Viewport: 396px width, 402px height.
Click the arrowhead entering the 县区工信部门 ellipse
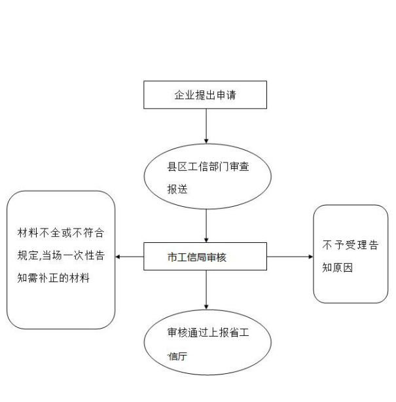206,141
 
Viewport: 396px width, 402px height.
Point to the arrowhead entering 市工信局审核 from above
206,240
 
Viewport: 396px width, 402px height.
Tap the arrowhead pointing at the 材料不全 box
118,257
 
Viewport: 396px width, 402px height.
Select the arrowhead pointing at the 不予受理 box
311,257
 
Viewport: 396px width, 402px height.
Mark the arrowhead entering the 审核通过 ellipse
206,307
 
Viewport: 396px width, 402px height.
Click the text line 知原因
337,268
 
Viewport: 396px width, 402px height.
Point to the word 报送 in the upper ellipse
177,189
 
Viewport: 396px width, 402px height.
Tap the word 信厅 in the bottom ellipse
177,356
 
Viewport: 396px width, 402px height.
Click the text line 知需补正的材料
53,278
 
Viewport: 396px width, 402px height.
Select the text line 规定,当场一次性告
61,255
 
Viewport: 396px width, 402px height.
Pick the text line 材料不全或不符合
61,233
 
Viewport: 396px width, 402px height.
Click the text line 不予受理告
350,245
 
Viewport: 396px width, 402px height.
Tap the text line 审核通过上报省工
208,333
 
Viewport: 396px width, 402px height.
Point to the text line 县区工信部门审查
208,167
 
